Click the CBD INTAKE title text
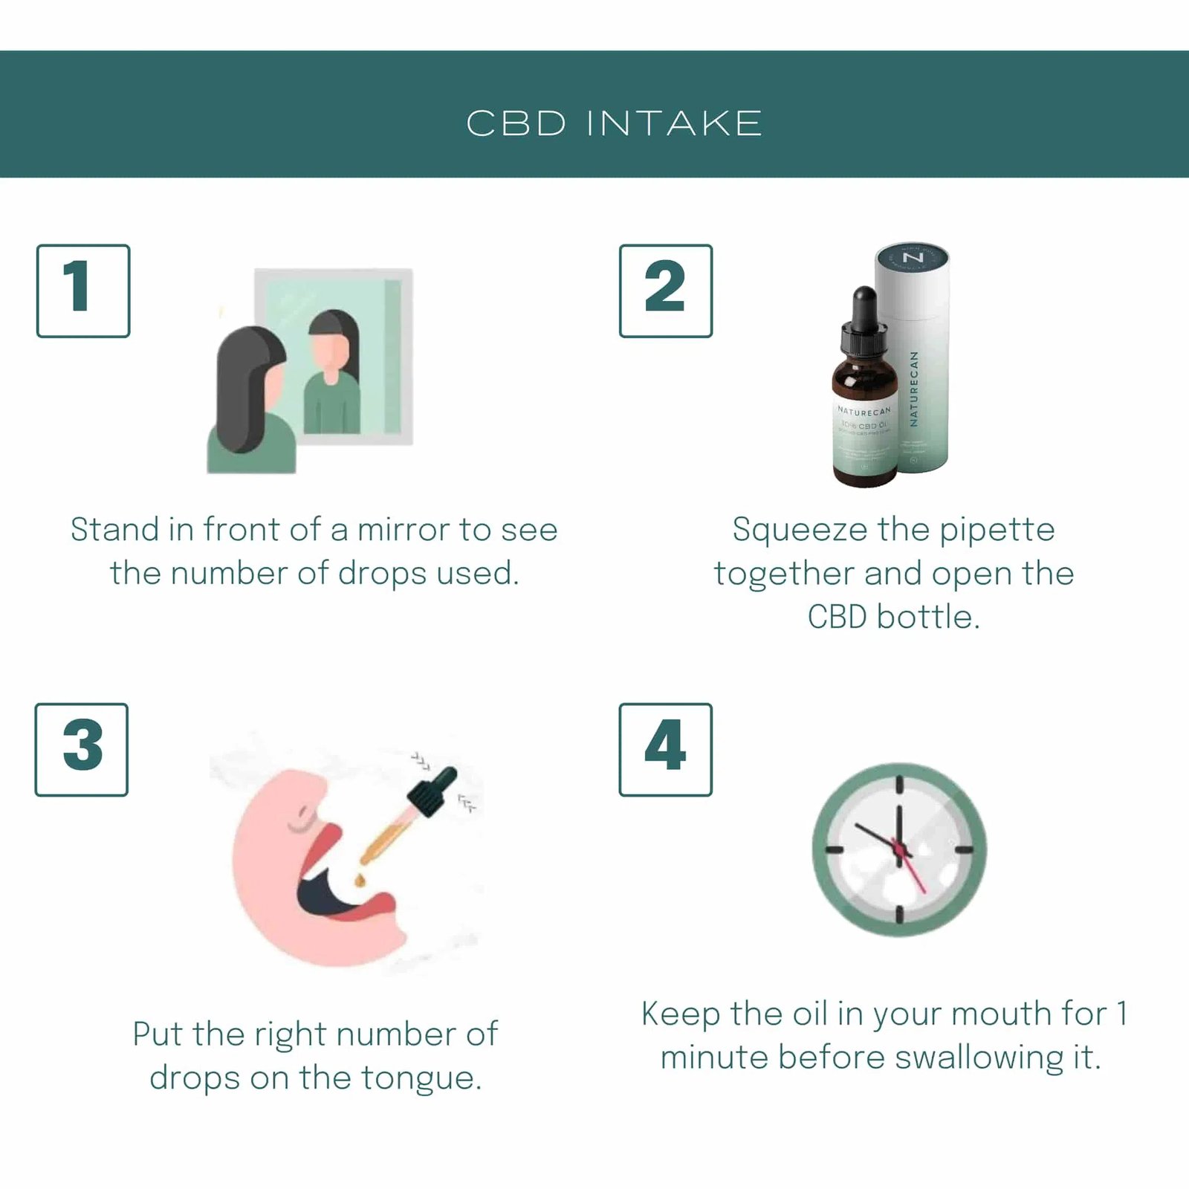(614, 123)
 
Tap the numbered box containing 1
(82, 291)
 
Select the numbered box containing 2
(665, 291)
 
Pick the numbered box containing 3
(81, 749)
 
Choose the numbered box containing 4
(665, 749)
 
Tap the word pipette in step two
(997, 530)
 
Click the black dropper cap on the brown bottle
(864, 320)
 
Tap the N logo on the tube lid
(913, 258)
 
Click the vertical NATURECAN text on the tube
(914, 388)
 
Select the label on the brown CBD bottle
(864, 438)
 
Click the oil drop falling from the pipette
(360, 880)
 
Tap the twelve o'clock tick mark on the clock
(899, 786)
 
